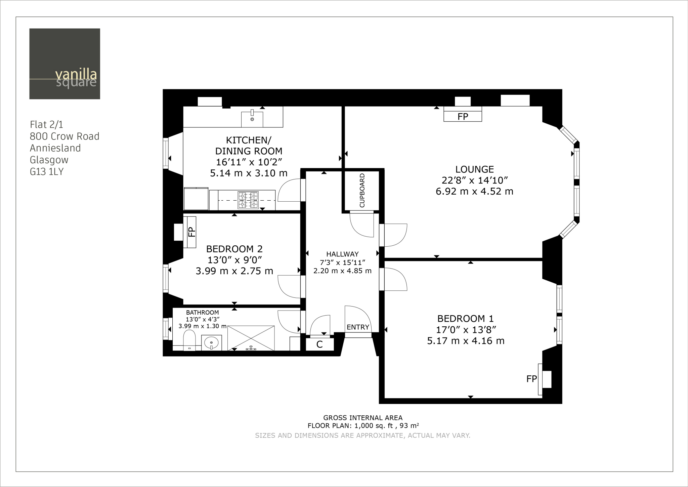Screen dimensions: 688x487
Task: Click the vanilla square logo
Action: tap(64, 64)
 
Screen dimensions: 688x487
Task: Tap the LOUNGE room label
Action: tap(474, 169)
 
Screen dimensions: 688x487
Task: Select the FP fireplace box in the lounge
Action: tap(463, 114)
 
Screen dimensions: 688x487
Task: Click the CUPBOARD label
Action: tap(362, 190)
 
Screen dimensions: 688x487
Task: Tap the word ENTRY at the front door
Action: tap(358, 327)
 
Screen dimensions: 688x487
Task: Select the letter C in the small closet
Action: tap(319, 344)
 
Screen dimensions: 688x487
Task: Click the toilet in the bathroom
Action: tap(189, 340)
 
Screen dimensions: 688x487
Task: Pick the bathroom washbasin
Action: tap(211, 343)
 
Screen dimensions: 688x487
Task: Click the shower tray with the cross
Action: tap(251, 338)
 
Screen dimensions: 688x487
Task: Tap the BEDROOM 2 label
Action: tap(234, 249)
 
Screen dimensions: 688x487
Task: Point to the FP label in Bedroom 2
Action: tap(191, 232)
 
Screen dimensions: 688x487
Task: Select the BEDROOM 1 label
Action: tap(465, 318)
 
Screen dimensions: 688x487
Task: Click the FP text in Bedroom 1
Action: tap(531, 379)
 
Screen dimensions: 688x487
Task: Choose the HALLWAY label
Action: tap(342, 254)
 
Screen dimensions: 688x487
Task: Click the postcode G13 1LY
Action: tap(47, 172)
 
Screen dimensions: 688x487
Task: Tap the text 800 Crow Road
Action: tap(64, 136)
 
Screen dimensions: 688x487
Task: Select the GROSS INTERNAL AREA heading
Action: tap(363, 418)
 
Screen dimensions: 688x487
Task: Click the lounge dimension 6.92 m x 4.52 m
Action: tap(474, 191)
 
